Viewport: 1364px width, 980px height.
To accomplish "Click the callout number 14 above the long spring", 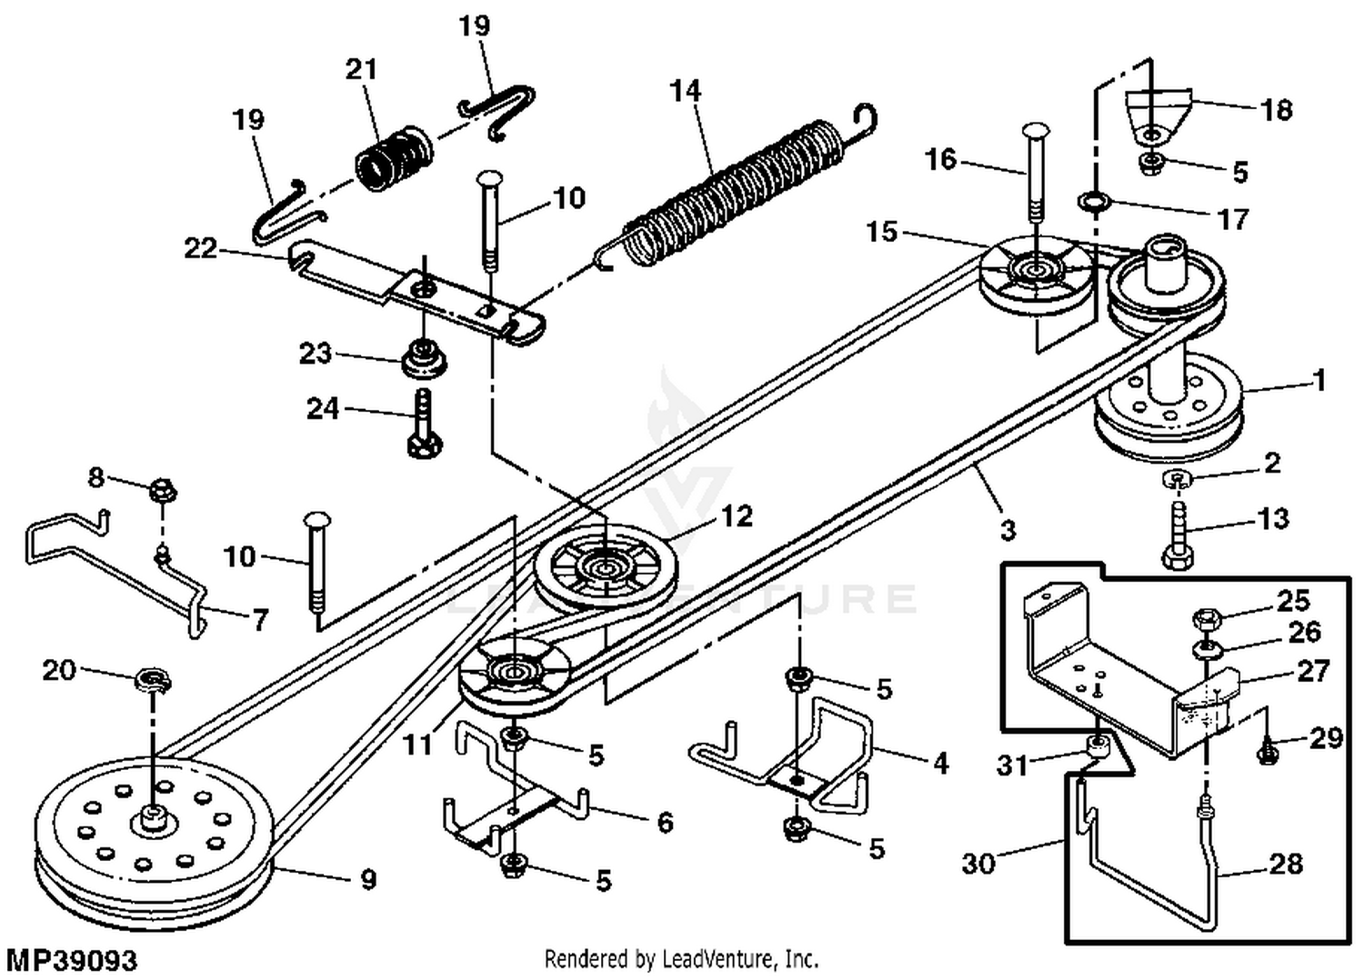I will click(686, 91).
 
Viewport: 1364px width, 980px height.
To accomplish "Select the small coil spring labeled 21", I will click(392, 160).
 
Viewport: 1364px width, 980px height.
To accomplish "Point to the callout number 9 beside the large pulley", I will click(367, 879).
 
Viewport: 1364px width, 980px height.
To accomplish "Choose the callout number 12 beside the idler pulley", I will click(737, 516).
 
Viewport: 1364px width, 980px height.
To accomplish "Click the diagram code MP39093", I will click(72, 960).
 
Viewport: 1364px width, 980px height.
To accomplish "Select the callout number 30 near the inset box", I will click(978, 862).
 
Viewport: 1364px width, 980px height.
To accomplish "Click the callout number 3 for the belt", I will click(1007, 529).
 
